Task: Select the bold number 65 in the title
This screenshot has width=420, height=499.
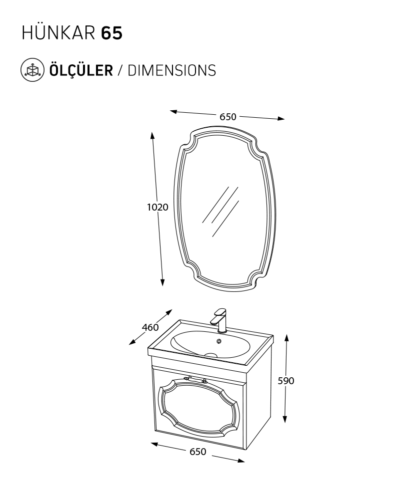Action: tap(111, 33)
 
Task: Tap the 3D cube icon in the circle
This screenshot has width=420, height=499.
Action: tap(32, 70)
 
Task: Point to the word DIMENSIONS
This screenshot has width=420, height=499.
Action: tap(171, 70)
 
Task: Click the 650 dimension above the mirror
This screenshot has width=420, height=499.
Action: tap(227, 117)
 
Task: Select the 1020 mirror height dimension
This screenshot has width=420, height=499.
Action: tap(157, 207)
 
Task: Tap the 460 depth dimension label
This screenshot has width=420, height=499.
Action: tap(150, 327)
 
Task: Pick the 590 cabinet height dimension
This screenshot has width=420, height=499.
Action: tap(285, 381)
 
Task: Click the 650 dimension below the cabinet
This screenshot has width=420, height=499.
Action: tap(197, 452)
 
